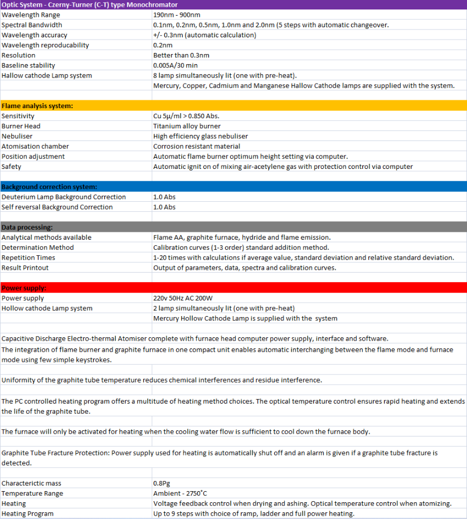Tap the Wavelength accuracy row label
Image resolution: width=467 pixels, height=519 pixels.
35,35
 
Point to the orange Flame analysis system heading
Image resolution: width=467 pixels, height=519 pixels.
37,106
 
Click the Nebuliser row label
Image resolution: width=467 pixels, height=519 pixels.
17,136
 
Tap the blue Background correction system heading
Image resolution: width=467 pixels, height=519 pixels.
50,187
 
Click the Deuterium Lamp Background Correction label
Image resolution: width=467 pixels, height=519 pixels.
64,197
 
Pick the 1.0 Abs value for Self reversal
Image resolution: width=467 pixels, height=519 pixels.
164,207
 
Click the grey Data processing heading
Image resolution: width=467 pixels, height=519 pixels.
27,227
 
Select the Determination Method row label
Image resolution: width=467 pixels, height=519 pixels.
37,248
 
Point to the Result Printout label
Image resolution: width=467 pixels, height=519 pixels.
25,268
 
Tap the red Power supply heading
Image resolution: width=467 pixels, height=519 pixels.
24,288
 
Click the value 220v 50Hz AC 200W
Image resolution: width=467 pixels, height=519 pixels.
183,298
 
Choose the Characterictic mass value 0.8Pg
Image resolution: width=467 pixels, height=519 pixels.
162,483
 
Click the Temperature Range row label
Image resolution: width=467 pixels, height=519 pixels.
32,493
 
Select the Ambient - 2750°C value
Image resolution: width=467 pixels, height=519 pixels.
180,493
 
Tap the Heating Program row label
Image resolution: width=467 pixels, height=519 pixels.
28,513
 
